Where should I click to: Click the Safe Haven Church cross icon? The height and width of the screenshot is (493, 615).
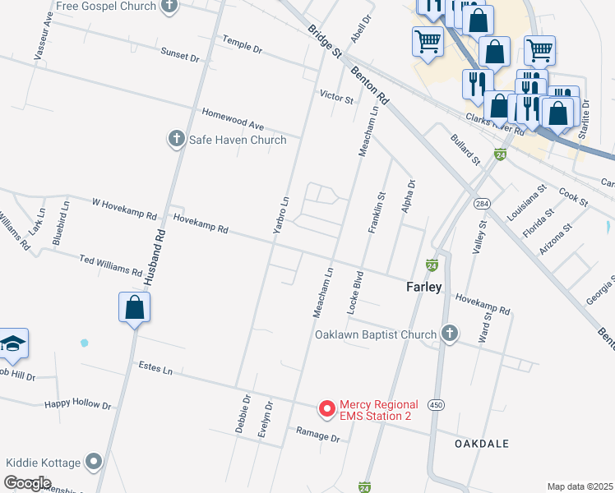point(176,139)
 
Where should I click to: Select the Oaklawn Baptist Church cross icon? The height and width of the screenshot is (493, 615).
point(449,334)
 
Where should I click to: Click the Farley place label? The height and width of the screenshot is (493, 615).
point(424,287)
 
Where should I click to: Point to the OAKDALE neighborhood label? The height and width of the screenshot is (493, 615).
point(482,443)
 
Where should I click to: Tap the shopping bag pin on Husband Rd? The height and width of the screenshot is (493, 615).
point(135,308)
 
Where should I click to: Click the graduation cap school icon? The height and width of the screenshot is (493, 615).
point(12,343)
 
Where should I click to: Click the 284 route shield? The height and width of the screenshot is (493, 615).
point(480,203)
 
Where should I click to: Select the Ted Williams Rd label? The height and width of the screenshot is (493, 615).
point(111,265)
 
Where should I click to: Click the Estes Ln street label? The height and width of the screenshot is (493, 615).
point(155,369)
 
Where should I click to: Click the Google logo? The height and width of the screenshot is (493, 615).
point(27,482)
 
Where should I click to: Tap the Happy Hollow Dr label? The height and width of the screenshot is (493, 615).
point(77,404)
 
